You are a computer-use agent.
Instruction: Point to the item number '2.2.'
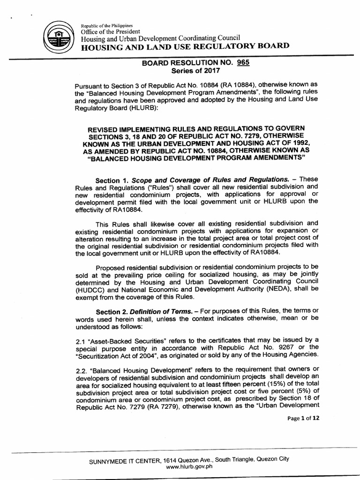tap(82, 370)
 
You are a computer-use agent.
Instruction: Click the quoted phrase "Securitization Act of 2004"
tap(115, 354)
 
